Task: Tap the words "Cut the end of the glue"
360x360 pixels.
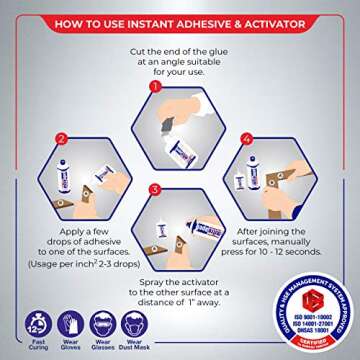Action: coord(180,50)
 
